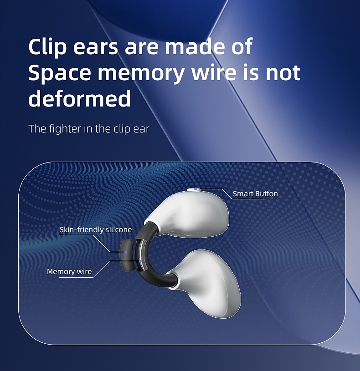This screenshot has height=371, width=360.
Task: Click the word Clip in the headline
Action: tap(47, 47)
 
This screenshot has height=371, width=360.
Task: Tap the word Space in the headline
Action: tap(60, 73)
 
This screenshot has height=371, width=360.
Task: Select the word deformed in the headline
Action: tap(80, 98)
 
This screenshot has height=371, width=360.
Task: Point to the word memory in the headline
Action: tap(141, 74)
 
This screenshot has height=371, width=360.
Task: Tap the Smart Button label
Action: tap(255, 194)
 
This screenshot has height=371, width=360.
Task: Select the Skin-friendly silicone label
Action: tap(95, 229)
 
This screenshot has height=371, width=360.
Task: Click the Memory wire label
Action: tap(69, 271)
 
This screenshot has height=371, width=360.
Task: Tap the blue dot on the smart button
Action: tap(195, 189)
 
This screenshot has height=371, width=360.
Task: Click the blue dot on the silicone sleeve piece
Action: tap(126, 252)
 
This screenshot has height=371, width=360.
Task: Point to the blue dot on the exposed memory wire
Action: tap(140, 261)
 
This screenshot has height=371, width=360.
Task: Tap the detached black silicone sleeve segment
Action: tap(127, 255)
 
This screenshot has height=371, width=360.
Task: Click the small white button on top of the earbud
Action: tap(194, 189)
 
